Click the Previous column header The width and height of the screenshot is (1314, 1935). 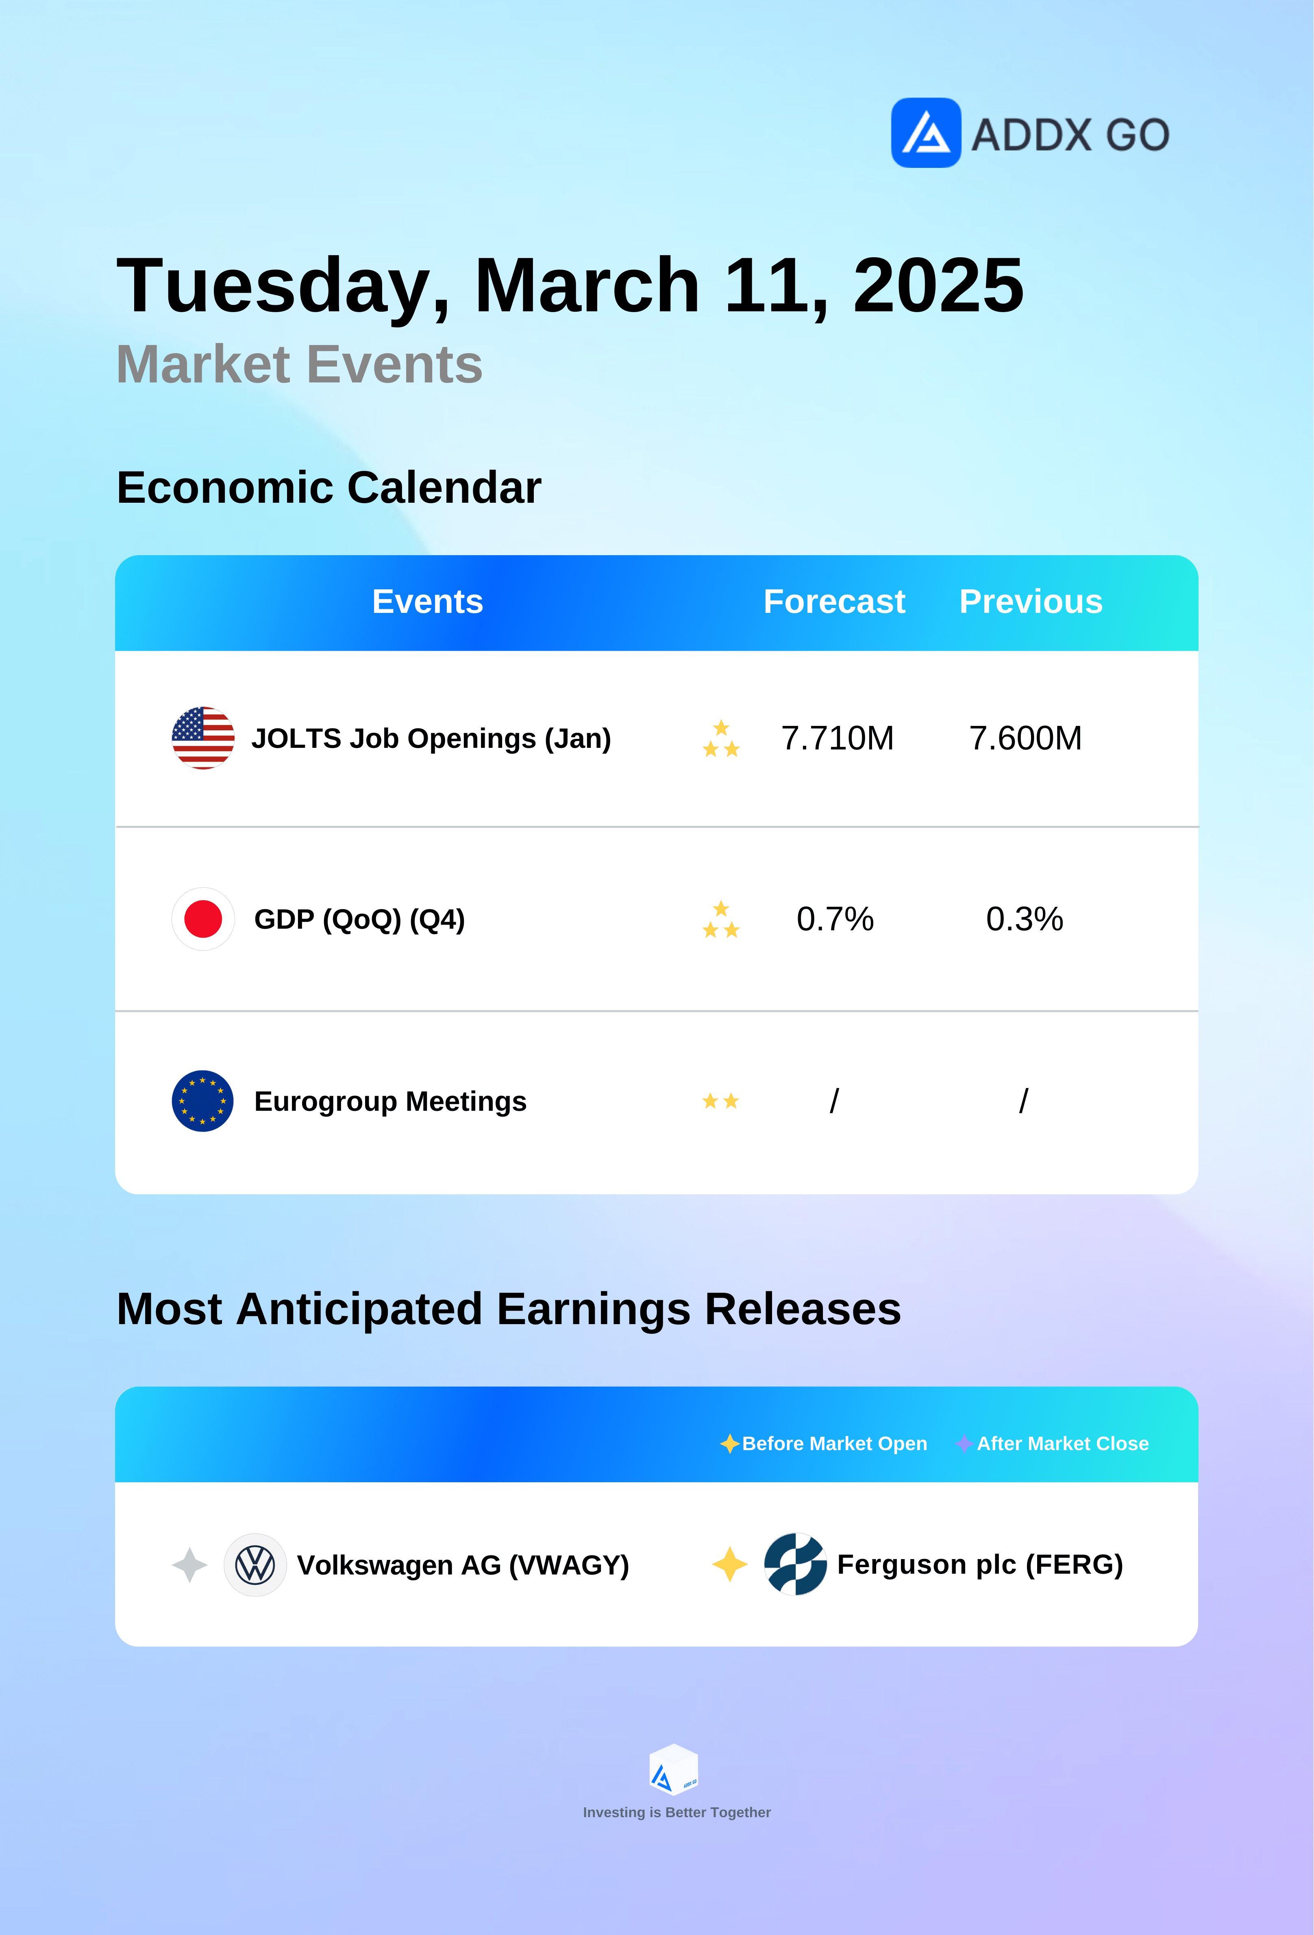point(1031,601)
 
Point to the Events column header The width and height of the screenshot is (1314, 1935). point(427,601)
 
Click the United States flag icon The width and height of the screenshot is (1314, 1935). point(202,738)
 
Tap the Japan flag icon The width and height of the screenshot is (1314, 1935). point(202,919)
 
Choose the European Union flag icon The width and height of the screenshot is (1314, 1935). point(202,1101)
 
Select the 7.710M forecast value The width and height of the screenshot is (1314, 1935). point(837,738)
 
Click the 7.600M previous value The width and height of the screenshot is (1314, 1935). point(1025,738)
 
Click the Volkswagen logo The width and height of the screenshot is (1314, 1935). point(255,1564)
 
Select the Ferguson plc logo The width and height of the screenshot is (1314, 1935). point(795,1564)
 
